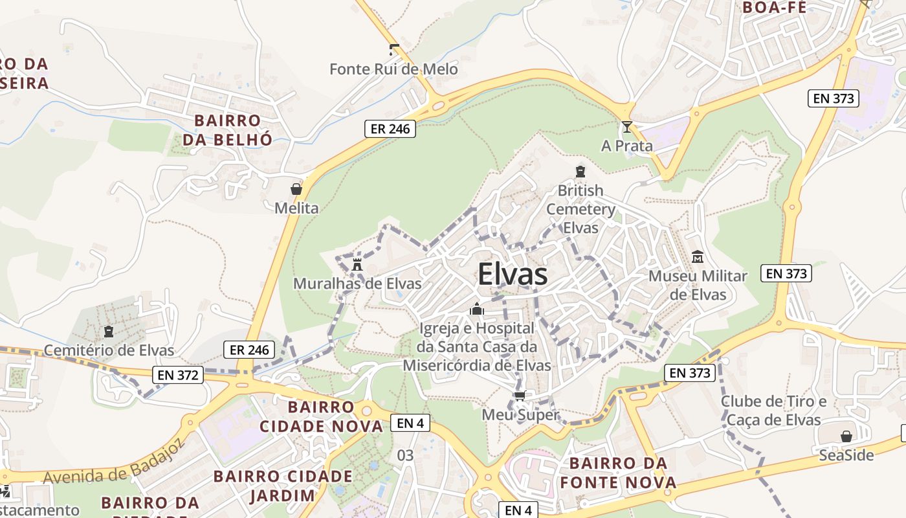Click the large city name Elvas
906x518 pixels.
click(x=513, y=275)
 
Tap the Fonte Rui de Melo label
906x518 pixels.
click(x=393, y=69)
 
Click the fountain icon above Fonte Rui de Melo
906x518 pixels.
click(x=393, y=49)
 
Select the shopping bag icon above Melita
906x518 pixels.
click(x=296, y=189)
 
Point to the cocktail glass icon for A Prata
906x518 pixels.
click(x=626, y=127)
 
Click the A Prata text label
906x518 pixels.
click(x=626, y=146)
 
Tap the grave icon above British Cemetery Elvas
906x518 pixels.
click(x=580, y=172)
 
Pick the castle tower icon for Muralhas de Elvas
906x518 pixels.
click(x=357, y=264)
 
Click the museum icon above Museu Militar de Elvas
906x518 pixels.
click(x=698, y=257)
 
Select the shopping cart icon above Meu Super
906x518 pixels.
click(x=520, y=396)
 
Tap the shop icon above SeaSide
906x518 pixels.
click(x=846, y=436)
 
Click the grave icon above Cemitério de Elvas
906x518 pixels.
click(x=109, y=332)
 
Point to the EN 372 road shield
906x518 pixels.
click(x=179, y=374)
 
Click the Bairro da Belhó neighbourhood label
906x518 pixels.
click(x=227, y=129)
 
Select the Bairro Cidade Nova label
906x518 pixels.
click(x=321, y=416)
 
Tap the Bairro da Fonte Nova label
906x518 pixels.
click(x=618, y=473)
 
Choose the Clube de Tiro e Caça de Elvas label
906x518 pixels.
click(x=773, y=411)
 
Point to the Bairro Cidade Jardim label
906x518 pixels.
click(x=283, y=486)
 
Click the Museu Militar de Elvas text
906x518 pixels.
click(x=698, y=285)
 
